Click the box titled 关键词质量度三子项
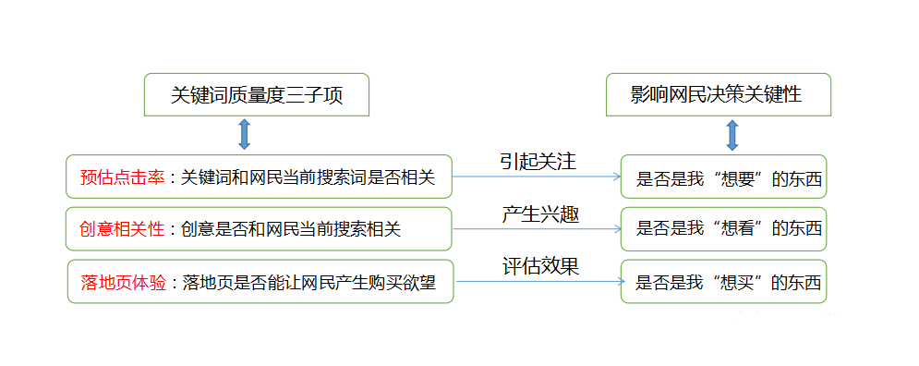click(x=257, y=95)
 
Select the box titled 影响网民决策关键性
click(x=718, y=95)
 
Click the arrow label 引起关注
click(x=538, y=161)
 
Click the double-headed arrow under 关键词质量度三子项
click(x=245, y=134)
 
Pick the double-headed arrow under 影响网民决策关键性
click(x=732, y=134)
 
